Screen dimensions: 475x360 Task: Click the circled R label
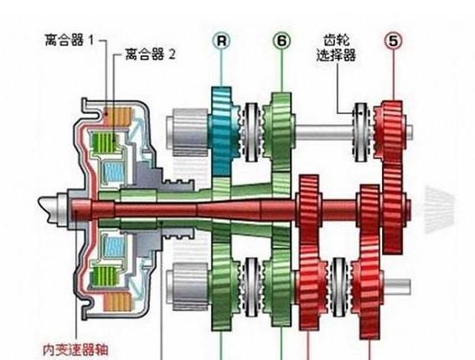pyautogui.click(x=221, y=40)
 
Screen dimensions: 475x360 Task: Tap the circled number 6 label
pyautogui.click(x=282, y=40)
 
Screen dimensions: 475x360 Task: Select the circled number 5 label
pyautogui.click(x=393, y=40)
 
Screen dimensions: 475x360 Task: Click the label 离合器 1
pyautogui.click(x=70, y=40)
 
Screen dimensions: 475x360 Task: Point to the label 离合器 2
pyautogui.click(x=150, y=54)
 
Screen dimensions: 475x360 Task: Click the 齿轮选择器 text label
pyautogui.click(x=336, y=49)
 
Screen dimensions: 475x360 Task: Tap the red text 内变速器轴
pyautogui.click(x=75, y=350)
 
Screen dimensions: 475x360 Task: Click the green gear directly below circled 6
pyautogui.click(x=280, y=131)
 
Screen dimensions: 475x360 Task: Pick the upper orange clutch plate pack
pyautogui.click(x=117, y=116)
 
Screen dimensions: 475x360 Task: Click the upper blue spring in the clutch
pyautogui.click(x=114, y=172)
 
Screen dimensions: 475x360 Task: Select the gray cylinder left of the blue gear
pyautogui.click(x=188, y=132)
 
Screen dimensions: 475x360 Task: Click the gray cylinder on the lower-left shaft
pyautogui.click(x=188, y=286)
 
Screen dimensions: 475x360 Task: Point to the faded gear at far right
pyautogui.click(x=439, y=209)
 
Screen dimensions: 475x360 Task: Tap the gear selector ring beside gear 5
pyautogui.click(x=361, y=132)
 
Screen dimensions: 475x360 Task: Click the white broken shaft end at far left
pyautogui.click(x=51, y=208)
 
